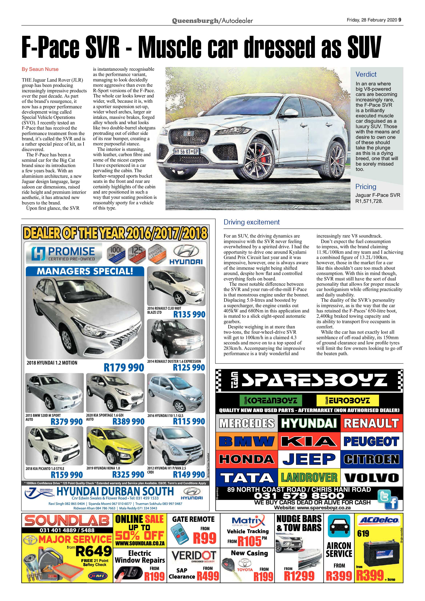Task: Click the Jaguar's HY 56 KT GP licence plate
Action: coord(186,151)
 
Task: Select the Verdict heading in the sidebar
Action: coord(366,74)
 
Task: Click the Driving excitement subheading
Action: coord(251,222)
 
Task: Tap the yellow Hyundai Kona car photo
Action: coord(115,446)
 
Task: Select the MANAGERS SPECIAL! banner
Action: coord(85,271)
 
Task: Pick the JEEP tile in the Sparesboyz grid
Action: coord(309,459)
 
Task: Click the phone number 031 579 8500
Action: coord(299,496)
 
